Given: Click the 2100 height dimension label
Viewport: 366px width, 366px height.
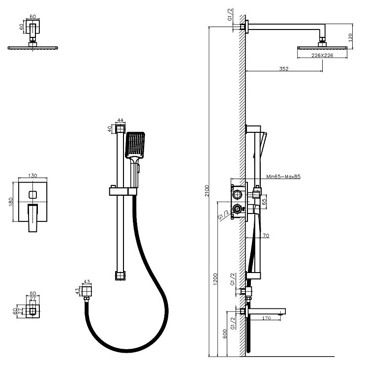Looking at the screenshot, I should (x=207, y=190).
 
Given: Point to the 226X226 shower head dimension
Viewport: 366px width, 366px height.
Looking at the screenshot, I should (x=322, y=56).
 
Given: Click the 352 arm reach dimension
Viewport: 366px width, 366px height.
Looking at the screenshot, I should (x=283, y=69).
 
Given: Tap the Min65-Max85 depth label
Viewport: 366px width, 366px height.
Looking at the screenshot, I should (x=283, y=176).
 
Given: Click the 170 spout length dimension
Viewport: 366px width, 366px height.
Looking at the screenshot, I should (x=266, y=318).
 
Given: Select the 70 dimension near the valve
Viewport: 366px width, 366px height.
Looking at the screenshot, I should (x=266, y=236).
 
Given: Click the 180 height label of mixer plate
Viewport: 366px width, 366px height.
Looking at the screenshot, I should (x=12, y=202).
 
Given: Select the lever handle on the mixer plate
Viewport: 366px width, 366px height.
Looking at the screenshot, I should (x=33, y=217).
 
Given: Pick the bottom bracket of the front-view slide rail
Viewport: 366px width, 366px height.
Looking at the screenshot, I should (x=120, y=275).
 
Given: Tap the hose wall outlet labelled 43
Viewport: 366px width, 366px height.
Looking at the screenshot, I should (x=88, y=292).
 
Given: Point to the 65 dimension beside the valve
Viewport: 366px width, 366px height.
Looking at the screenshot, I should (x=264, y=201).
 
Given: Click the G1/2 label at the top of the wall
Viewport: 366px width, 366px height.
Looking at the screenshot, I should (x=230, y=18).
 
